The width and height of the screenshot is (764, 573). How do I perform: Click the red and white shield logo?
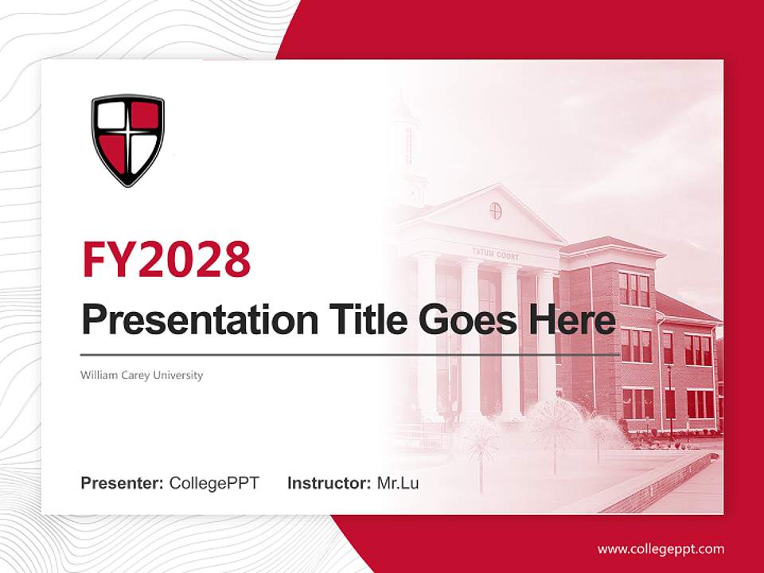coord(127,140)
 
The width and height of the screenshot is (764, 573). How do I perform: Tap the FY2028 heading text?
coord(166,259)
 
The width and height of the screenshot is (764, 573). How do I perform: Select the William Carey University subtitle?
coord(142,375)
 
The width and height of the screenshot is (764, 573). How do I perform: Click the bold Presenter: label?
coord(123,482)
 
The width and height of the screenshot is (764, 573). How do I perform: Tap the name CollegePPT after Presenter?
coord(214,482)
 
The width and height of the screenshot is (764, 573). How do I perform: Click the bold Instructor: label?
coord(329,482)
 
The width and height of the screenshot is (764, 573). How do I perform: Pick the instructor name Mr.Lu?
coord(398,482)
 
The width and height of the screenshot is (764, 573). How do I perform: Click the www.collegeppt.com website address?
coord(661,548)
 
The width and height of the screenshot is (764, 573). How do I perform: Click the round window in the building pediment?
coord(496,211)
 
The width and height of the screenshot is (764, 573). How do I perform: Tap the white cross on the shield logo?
coord(127,138)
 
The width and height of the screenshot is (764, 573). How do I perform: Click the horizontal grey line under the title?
coord(350,354)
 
